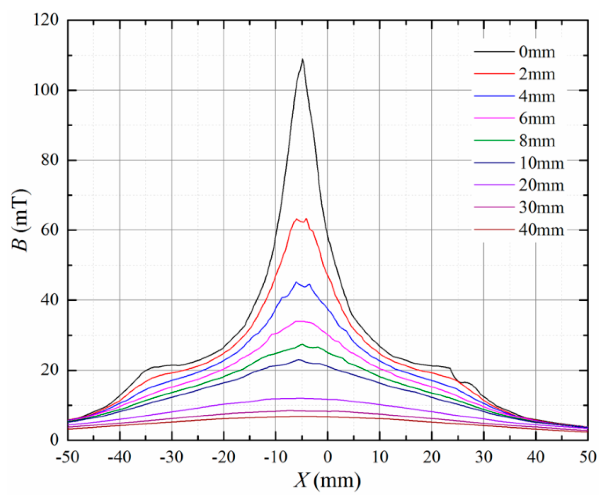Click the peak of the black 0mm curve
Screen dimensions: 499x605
tap(302, 60)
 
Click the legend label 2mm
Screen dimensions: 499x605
tap(537, 75)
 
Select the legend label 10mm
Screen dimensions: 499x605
tap(541, 163)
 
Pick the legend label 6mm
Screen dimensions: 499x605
tap(537, 119)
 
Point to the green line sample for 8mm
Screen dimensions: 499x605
tap(494, 140)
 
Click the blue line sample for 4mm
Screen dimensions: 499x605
tap(494, 96)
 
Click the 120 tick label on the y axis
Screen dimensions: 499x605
tap(46, 20)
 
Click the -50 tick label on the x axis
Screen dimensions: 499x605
tap(68, 457)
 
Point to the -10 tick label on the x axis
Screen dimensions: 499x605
tap(275, 457)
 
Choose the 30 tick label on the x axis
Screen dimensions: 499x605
tap(484, 457)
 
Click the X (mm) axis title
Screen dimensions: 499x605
tap(327, 481)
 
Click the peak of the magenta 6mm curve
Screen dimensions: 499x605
tap(301, 321)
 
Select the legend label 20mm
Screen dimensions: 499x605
tap(541, 186)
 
